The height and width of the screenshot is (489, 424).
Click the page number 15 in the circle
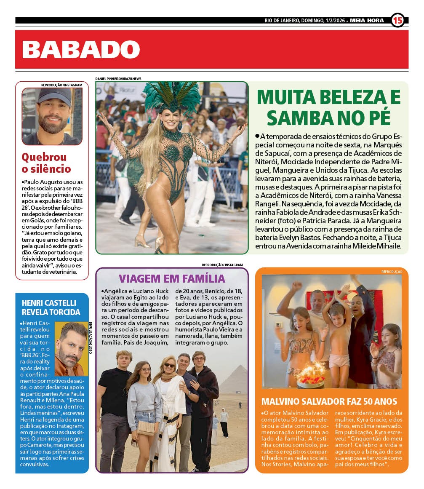(x=397, y=20)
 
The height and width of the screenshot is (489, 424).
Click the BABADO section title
(x=80, y=49)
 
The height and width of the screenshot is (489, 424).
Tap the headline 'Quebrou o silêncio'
(x=46, y=163)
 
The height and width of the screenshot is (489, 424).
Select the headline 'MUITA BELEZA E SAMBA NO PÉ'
(x=328, y=107)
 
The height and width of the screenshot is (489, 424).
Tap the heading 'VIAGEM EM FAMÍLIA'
(x=172, y=278)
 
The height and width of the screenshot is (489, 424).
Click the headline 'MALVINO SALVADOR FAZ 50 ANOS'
(x=329, y=401)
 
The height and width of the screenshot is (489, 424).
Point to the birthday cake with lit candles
(x=311, y=377)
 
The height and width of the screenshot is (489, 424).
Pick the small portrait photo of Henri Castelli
(x=71, y=348)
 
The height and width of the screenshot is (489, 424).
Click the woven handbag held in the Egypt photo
(x=146, y=428)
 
